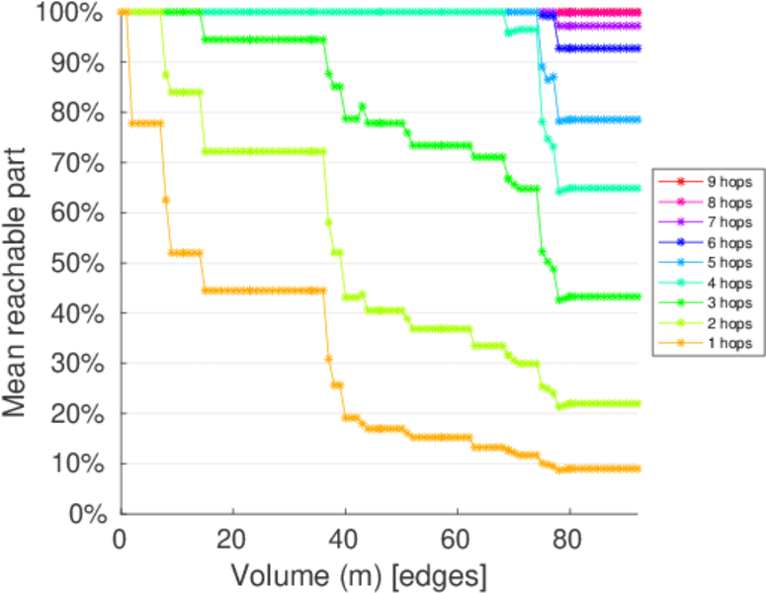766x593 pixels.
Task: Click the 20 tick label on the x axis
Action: (232, 543)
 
